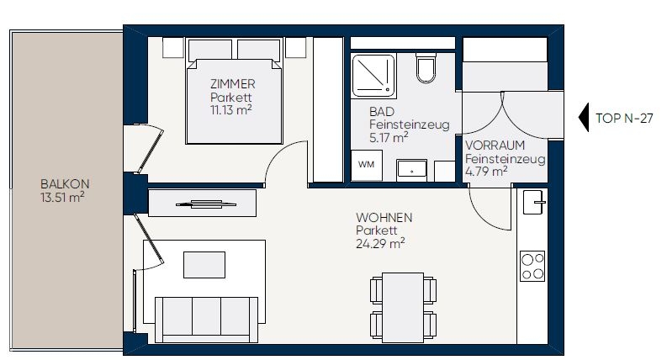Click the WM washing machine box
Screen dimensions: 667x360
tap(366, 165)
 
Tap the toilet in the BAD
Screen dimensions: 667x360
tap(426, 68)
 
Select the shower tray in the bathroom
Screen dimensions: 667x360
tap(373, 76)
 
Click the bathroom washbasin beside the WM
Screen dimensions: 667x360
tap(411, 170)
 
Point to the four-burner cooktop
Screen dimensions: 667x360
tap(532, 266)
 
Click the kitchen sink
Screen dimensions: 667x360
tap(534, 202)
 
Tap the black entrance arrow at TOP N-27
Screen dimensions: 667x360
tap(584, 117)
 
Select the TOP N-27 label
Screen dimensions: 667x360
tap(624, 119)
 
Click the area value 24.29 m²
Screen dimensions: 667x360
tap(380, 244)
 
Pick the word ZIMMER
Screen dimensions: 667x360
tap(233, 84)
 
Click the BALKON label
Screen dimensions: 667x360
tap(65, 184)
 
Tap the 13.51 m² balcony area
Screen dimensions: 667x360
tap(62, 198)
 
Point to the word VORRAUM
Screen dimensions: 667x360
tap(495, 146)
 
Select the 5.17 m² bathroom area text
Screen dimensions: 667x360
tap(389, 137)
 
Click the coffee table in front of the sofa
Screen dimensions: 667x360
tap(204, 265)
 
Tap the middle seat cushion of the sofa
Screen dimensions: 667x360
tap(206, 316)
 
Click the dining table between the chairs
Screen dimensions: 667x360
tap(403, 307)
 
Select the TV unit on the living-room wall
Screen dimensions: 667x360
tap(203, 203)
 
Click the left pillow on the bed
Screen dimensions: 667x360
tap(210, 50)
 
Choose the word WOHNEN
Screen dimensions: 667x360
tap(384, 218)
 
